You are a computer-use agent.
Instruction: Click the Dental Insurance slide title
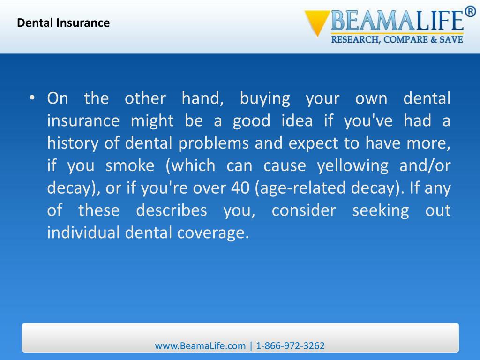(x=63, y=22)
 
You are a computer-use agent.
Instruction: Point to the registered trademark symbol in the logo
(x=470, y=11)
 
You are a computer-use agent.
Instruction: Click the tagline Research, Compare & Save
(x=397, y=40)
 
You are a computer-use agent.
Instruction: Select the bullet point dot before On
(x=32, y=97)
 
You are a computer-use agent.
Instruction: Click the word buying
(x=265, y=99)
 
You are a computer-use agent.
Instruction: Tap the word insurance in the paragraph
(x=83, y=121)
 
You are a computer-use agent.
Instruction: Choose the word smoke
(x=130, y=165)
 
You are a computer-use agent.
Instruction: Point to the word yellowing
(x=352, y=165)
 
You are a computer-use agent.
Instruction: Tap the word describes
(x=171, y=210)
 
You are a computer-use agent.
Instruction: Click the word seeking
(x=380, y=210)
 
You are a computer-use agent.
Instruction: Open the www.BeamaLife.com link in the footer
(x=200, y=346)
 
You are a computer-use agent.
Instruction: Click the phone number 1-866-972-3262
(x=291, y=346)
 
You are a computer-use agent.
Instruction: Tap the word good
(x=251, y=121)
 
